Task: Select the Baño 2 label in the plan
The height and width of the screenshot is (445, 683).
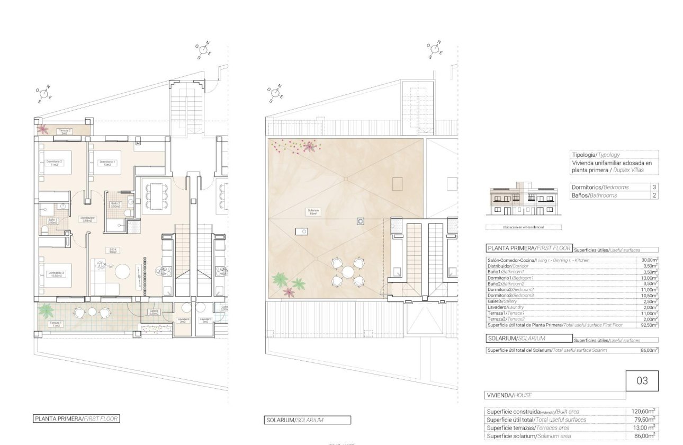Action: coord(115,204)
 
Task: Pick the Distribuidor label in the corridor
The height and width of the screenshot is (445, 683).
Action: coord(87,219)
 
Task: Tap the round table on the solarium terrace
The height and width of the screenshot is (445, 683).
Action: coord(347,272)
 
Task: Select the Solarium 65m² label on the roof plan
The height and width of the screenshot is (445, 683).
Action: coord(313,212)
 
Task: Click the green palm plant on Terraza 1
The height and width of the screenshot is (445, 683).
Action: coord(47,309)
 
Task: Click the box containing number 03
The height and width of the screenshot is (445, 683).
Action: coord(642,381)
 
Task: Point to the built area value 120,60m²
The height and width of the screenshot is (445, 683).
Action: coord(644,411)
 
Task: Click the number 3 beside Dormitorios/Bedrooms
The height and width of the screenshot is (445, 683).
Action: coord(654,188)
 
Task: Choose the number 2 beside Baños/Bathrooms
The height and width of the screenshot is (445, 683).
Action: coord(654,195)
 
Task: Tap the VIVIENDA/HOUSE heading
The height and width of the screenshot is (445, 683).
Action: coord(509,395)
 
